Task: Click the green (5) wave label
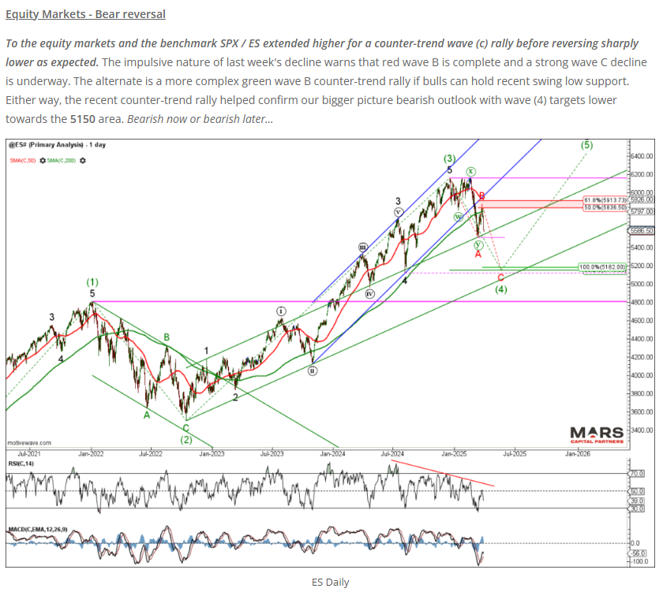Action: click(x=586, y=145)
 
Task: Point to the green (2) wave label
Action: click(x=185, y=439)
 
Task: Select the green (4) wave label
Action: click(x=500, y=289)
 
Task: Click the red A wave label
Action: click(x=478, y=254)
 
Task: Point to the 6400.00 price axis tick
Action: click(x=642, y=156)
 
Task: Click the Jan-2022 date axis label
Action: click(x=92, y=454)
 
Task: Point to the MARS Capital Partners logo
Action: click(x=596, y=434)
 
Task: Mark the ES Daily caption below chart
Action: click(x=331, y=583)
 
